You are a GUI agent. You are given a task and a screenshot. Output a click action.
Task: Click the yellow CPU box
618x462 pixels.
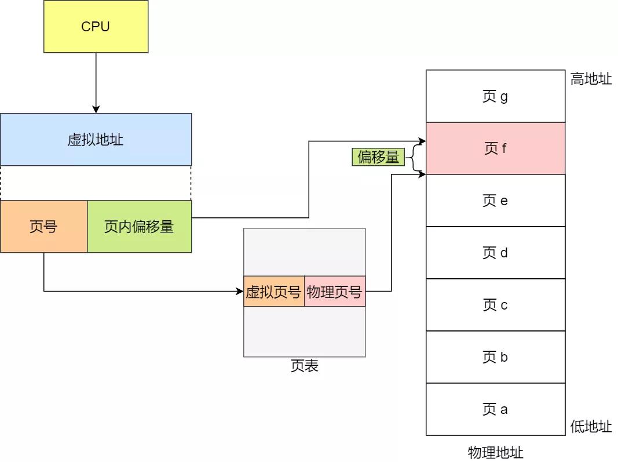tap(96, 27)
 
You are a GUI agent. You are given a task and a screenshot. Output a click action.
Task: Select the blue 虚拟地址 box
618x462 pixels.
tap(96, 140)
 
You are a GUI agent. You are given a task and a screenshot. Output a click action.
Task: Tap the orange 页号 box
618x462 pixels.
tap(43, 227)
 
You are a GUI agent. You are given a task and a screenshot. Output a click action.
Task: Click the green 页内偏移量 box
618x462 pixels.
tap(139, 227)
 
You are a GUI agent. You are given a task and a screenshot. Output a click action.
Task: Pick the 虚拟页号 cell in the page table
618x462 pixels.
tap(273, 292)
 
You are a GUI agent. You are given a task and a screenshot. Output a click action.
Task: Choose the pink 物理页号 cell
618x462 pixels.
tap(335, 292)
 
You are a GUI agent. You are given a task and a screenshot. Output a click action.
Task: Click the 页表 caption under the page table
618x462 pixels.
tap(304, 366)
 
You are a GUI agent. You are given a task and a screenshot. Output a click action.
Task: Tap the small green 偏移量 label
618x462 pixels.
tap(378, 157)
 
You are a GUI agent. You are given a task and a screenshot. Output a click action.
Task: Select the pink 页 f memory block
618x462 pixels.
tap(495, 148)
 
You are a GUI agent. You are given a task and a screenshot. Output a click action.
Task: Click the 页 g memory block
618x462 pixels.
tap(495, 96)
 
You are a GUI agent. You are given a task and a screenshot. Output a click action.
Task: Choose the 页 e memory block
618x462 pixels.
tap(495, 201)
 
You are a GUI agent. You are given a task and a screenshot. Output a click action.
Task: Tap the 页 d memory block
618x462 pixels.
tap(495, 253)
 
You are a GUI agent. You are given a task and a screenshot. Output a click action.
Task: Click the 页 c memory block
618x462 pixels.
tap(495, 305)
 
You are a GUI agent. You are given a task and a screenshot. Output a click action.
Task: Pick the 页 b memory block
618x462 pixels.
tap(495, 357)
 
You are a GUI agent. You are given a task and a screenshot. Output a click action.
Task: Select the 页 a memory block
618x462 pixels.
tap(495, 409)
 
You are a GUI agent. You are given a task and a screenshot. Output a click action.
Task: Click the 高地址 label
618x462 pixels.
tap(591, 79)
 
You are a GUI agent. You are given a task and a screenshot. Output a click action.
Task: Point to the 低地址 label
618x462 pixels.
tap(591, 427)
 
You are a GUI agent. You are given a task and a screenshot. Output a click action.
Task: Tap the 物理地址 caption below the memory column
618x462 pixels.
tap(495, 452)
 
